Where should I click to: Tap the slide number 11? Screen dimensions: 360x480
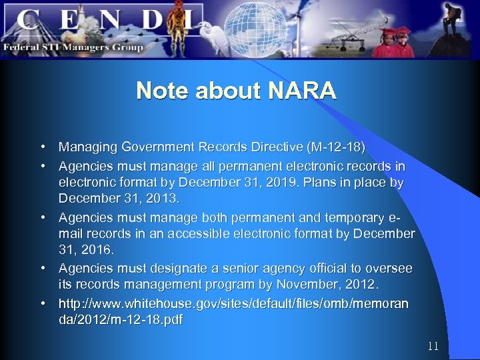433,346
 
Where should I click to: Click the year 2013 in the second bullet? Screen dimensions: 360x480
161,199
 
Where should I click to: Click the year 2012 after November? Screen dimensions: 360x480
360,285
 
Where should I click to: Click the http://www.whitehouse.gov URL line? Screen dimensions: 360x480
233,303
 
